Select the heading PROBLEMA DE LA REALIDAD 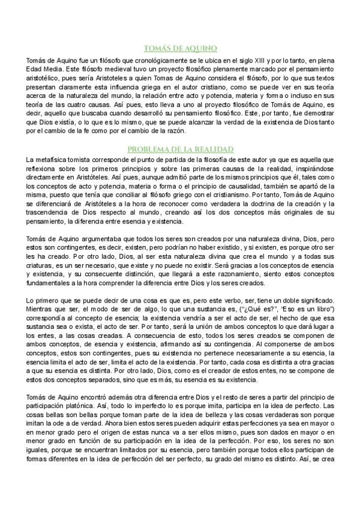(180, 148)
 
